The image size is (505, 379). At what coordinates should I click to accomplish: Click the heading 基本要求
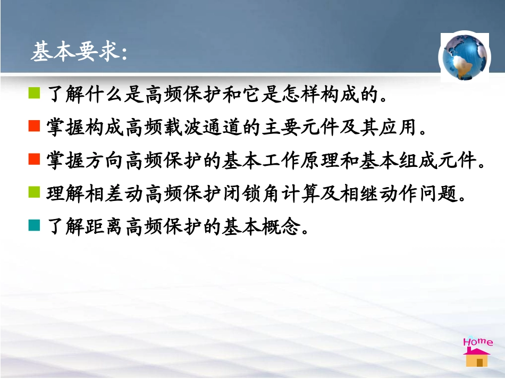coord(79,52)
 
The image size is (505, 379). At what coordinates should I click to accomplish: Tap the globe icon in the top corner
coord(464,56)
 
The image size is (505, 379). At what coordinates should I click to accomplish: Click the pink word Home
coord(477,342)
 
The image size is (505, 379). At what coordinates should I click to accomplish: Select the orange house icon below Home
coord(477,358)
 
